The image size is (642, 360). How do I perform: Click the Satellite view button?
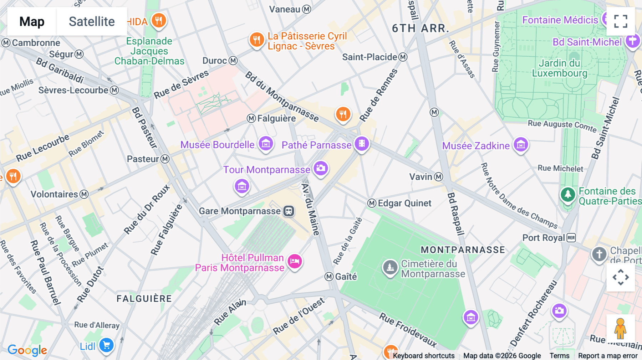point(92,21)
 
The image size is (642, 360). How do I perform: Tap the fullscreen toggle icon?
point(621,21)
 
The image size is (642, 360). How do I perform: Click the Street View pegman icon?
point(620,328)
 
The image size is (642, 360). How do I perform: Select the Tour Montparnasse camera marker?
point(321,168)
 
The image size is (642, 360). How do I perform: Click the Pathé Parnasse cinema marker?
point(362,144)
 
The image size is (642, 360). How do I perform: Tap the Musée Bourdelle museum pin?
point(266,144)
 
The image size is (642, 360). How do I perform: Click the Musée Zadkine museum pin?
point(521,144)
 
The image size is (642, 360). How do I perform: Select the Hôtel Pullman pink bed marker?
point(295,261)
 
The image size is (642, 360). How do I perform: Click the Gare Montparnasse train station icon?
point(289,211)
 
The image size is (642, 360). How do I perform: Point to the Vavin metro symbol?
point(439,177)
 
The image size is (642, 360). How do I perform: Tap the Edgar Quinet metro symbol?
point(372,203)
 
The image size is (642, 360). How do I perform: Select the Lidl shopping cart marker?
point(106,345)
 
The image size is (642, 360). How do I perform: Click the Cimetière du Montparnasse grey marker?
point(390,267)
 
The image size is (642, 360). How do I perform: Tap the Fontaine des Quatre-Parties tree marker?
point(568,195)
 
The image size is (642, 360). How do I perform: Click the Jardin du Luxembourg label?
point(559,68)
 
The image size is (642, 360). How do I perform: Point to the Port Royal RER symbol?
point(571,238)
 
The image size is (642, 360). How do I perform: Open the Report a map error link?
point(607,356)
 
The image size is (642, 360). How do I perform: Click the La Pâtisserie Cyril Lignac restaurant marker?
point(256,39)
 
